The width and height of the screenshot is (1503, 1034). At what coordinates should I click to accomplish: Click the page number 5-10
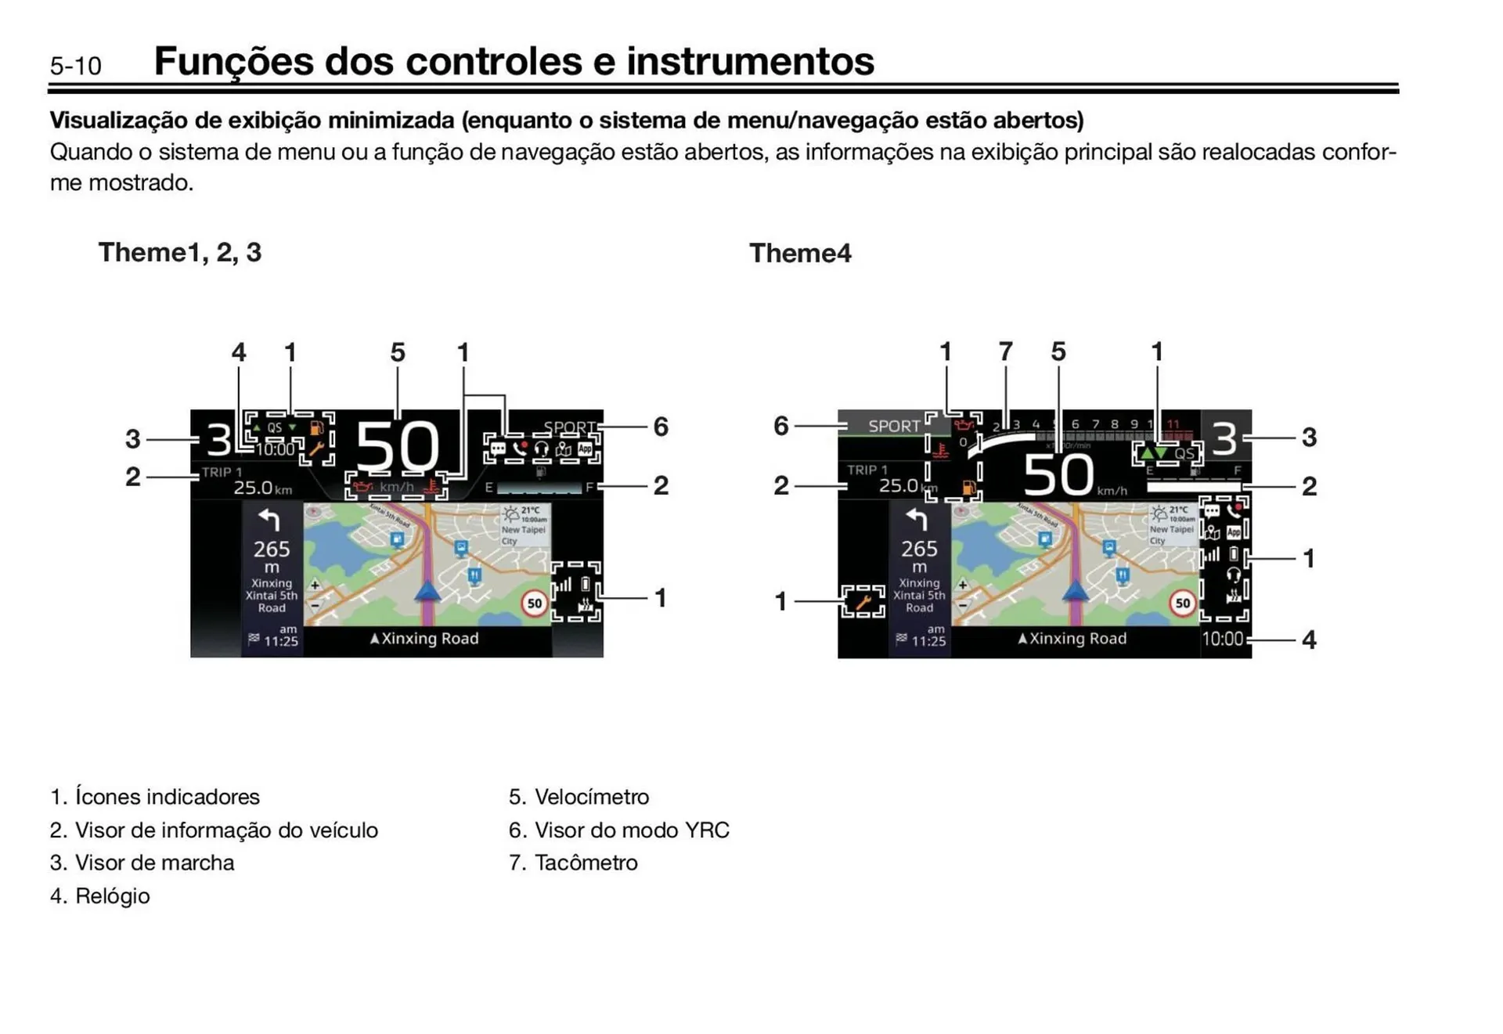pos(75,66)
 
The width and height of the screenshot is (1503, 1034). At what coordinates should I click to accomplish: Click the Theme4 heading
pos(799,253)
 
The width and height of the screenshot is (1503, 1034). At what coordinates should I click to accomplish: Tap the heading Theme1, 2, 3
pos(179,252)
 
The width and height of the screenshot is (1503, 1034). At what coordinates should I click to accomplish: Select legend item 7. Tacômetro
pos(573,863)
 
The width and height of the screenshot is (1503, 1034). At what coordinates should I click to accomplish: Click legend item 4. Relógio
pos(100,895)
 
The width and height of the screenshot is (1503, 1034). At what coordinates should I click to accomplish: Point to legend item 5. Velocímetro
pos(578,797)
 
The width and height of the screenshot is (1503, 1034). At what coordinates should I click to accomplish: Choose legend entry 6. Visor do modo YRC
pos(618,830)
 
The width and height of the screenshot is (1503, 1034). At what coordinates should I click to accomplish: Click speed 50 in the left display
pos(397,447)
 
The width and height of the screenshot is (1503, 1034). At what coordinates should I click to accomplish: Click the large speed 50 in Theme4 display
pos(1058,474)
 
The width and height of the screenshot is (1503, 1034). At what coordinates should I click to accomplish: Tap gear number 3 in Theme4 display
pos(1225,438)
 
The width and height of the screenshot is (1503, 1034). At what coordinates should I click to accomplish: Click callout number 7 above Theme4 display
pos(1005,351)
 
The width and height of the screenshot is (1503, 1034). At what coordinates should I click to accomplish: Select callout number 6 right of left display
pos(661,427)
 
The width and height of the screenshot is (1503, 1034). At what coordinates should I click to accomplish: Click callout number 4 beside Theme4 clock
pos(1309,639)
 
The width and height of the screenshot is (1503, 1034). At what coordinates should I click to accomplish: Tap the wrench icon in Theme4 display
pos(863,602)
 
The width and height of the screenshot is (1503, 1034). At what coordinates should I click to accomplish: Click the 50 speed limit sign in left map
pos(535,603)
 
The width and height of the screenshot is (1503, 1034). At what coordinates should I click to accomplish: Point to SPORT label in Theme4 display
pos(893,426)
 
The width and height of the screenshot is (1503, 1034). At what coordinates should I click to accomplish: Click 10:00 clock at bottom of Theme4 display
pos(1222,639)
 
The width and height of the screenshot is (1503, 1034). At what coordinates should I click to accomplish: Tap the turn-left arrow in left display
pos(269,520)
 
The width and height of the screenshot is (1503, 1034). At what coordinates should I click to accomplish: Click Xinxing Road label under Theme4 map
pos(1072,639)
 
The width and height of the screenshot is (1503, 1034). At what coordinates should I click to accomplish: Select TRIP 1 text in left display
pos(222,472)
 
